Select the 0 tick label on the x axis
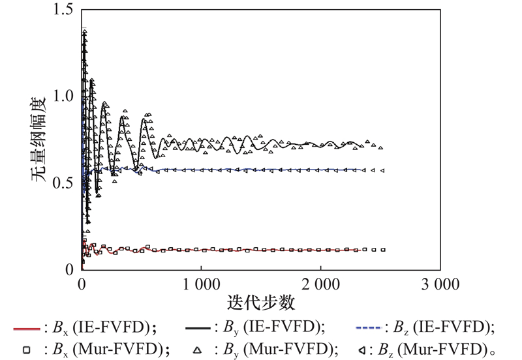pyautogui.click(x=82, y=286)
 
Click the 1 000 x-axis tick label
pyautogui.click(x=201, y=286)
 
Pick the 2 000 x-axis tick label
pyautogui.click(x=320, y=286)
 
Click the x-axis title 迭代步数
pyautogui.click(x=260, y=303)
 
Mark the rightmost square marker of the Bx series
pyautogui.click(x=383, y=250)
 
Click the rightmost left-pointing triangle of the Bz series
pyautogui.click(x=382, y=170)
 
